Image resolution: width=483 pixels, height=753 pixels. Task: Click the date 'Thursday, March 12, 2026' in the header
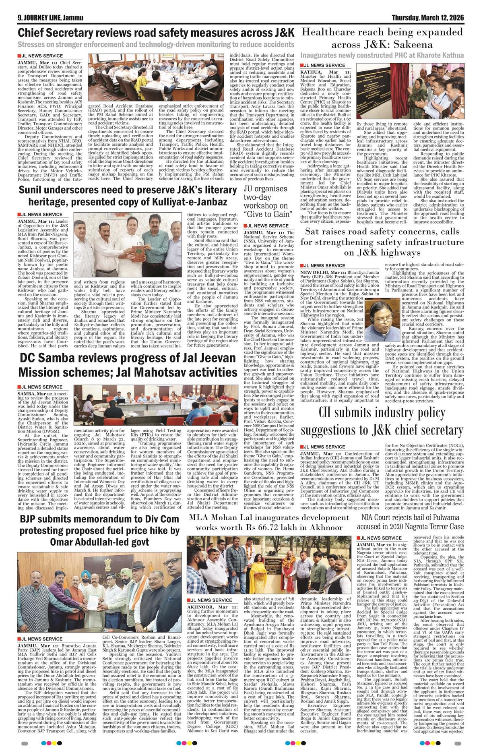coord(428,18)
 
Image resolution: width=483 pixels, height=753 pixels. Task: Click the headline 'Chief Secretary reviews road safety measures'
coord(156,32)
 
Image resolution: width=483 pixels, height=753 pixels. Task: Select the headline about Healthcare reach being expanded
coord(382,38)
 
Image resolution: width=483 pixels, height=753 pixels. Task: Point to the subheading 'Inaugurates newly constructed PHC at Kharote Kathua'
coord(382,55)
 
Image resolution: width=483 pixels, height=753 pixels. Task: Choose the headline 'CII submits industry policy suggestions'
coord(382,422)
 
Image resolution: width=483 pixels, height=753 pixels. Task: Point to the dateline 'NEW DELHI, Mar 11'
coord(323,273)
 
